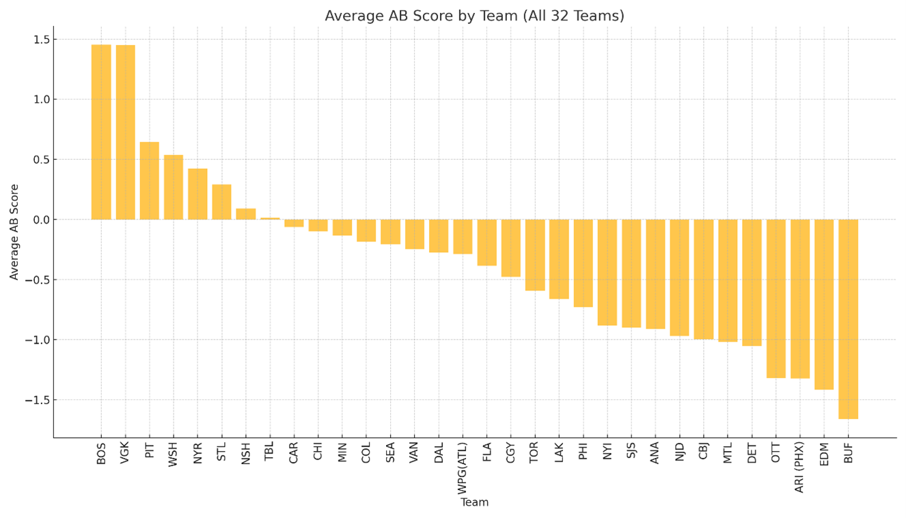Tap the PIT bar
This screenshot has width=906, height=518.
click(x=150, y=180)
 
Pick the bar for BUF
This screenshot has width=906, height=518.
click(x=848, y=318)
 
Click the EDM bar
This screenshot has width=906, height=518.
click(x=824, y=304)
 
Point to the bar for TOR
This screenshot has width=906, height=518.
click(x=535, y=255)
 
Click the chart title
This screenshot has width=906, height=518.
click(x=474, y=16)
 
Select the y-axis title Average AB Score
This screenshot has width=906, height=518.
click(x=14, y=232)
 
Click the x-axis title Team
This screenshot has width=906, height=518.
click(x=474, y=502)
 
